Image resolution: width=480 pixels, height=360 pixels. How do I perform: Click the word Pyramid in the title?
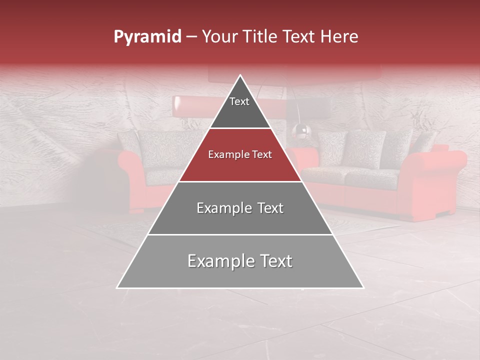tap(147, 37)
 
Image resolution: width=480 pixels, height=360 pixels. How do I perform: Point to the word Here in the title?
tap(339, 37)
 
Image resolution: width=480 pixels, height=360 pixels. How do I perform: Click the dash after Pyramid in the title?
tap(191, 37)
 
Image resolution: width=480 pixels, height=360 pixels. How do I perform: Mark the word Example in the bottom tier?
tap(218, 261)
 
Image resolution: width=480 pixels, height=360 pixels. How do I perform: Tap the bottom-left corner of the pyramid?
tap(118, 287)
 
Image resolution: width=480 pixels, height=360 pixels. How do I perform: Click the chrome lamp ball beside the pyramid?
tap(301, 131)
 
